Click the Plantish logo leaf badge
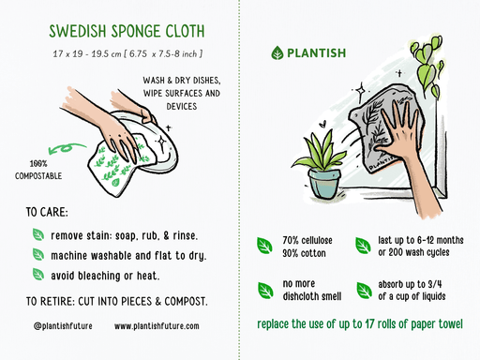[277, 53]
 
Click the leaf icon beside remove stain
[38, 234]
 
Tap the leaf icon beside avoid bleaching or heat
[38, 275]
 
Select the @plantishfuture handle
[60, 326]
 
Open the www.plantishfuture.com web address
[157, 326]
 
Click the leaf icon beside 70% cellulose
[265, 246]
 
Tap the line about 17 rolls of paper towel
[359, 325]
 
